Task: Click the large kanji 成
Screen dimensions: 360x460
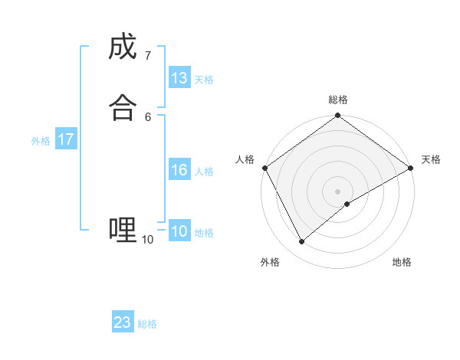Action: tap(123, 48)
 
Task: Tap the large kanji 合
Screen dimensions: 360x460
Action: tap(123, 108)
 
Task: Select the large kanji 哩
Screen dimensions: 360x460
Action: tap(123, 228)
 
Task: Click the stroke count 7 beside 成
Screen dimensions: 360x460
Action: tap(147, 56)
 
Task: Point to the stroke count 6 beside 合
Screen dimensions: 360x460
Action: tap(147, 116)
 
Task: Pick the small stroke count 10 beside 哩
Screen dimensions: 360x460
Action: tap(147, 239)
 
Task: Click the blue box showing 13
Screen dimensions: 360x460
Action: tap(179, 78)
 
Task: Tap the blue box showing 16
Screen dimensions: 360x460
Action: tap(179, 170)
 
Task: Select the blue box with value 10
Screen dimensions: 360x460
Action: tap(179, 231)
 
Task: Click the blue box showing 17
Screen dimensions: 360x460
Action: tap(66, 139)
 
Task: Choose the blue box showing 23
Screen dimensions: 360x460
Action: tap(123, 322)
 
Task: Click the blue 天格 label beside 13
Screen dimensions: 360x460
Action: tap(204, 80)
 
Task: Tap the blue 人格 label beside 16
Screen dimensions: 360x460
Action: tap(204, 172)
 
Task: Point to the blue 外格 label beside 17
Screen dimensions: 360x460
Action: tap(41, 141)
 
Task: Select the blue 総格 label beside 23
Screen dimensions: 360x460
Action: tap(147, 324)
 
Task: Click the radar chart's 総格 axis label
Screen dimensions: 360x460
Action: tap(338, 100)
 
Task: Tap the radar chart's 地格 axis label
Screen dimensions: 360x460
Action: tap(402, 263)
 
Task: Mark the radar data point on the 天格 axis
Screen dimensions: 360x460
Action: tap(411, 169)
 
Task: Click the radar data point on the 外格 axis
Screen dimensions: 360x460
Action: tap(301, 242)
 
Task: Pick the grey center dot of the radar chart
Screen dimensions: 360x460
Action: tap(338, 191)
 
